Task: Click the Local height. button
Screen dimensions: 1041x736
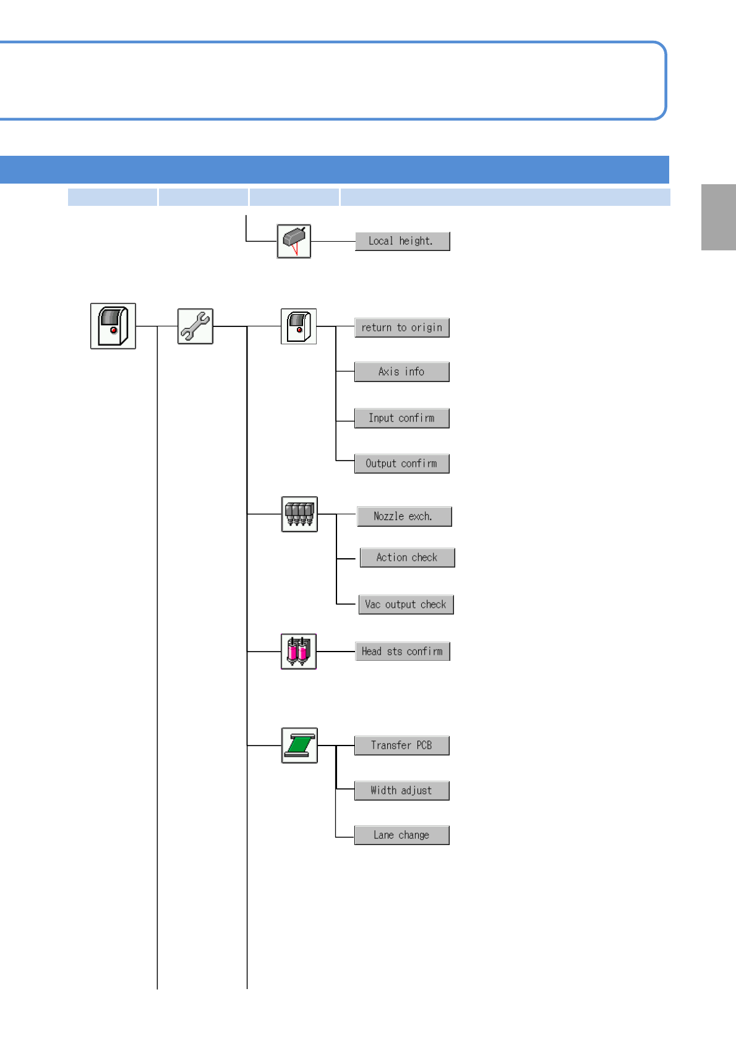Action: click(x=402, y=241)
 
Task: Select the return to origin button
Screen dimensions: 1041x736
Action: click(x=401, y=328)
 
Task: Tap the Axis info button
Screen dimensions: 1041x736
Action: click(x=401, y=372)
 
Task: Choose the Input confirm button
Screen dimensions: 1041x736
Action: click(x=401, y=418)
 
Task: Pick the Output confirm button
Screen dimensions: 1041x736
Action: click(x=401, y=464)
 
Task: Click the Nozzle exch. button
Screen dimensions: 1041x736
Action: click(x=404, y=516)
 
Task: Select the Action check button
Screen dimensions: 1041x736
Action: click(x=407, y=558)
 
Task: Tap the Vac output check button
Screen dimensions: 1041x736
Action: click(x=406, y=605)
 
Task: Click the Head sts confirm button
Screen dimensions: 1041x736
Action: click(x=403, y=652)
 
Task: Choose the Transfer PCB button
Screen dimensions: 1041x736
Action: click(x=401, y=746)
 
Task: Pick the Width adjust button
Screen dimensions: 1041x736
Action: click(x=401, y=791)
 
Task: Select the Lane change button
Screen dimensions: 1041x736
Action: click(x=401, y=835)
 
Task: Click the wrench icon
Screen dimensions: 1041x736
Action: click(x=195, y=326)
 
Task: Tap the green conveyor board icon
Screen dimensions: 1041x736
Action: click(x=299, y=746)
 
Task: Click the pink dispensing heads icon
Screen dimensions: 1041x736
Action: click(x=299, y=652)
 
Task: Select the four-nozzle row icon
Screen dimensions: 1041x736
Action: click(x=299, y=514)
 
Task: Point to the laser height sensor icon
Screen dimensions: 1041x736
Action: click(x=294, y=241)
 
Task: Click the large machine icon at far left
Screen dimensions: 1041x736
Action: click(x=113, y=326)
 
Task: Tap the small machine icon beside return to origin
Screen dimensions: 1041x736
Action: click(x=299, y=326)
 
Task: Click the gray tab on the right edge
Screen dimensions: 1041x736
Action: click(x=718, y=217)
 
